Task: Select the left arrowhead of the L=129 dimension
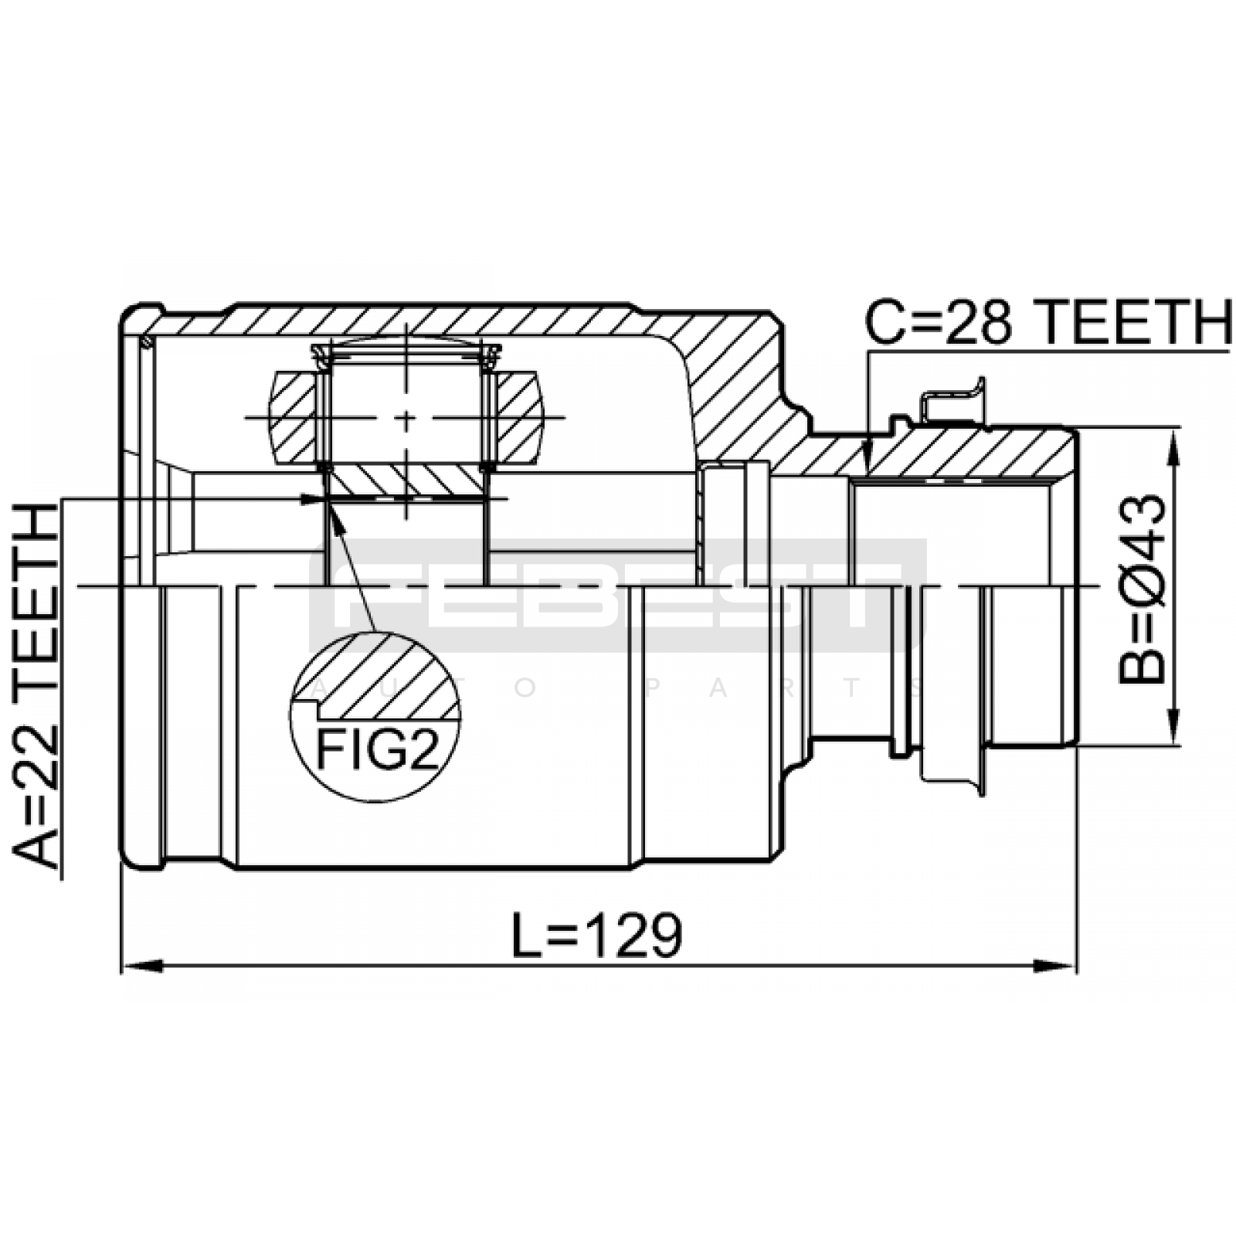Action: [x=143, y=966]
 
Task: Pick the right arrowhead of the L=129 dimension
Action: [x=1056, y=966]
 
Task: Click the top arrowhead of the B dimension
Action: [x=1174, y=447]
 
